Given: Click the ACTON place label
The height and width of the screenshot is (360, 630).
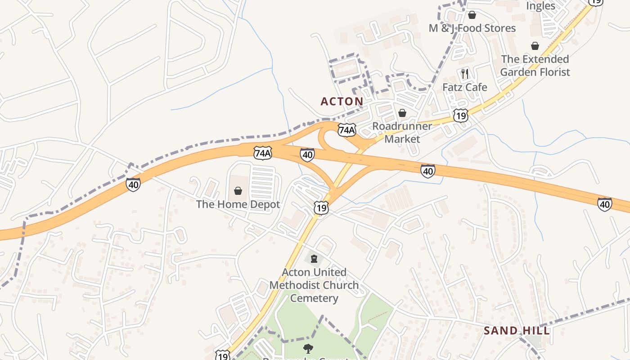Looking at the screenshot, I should coord(342,101).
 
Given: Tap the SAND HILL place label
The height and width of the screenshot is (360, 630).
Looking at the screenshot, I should coord(517,331).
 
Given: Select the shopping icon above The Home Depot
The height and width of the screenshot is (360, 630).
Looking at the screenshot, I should coord(238,191).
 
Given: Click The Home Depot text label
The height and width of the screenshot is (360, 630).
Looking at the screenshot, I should coord(238,204).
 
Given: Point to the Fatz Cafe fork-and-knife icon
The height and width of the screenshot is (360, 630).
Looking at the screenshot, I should coord(465,73).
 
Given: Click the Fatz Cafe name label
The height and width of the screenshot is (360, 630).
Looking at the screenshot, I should coord(464,87).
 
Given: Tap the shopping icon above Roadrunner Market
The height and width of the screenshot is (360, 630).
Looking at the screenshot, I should coord(402,113).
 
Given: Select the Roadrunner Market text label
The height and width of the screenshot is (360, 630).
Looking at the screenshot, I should coord(402,132).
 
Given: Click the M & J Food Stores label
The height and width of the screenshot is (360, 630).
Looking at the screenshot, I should coord(472,28).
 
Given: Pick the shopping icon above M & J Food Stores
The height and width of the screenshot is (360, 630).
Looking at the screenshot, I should coord(472,15).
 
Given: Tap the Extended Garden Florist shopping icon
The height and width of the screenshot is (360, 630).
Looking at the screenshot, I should coord(535,46).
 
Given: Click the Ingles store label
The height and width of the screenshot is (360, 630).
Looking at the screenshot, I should coord(540,6).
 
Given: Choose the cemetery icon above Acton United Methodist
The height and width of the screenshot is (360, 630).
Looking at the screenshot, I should coord(314,259).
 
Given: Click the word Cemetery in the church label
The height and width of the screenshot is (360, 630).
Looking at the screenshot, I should coord(314,298).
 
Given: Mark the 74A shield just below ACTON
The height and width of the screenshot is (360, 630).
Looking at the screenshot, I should coord(346,130).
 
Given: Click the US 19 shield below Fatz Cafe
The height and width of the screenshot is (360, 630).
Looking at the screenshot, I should coord(460,115).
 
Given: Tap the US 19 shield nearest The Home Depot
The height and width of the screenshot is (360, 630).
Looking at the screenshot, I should coord(321,208).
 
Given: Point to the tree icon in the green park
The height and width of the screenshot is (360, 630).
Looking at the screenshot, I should coord(308,348).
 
